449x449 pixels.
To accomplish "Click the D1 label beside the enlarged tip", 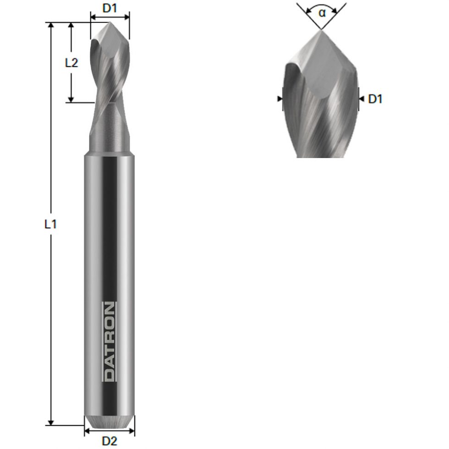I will point(375,99).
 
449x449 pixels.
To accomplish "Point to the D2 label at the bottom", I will point(109,441).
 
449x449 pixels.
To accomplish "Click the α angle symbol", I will point(322,13).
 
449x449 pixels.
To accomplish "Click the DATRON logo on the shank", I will point(109,341).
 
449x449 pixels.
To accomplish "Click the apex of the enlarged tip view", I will point(321,30).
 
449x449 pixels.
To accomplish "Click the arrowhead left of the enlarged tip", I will point(280,98).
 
